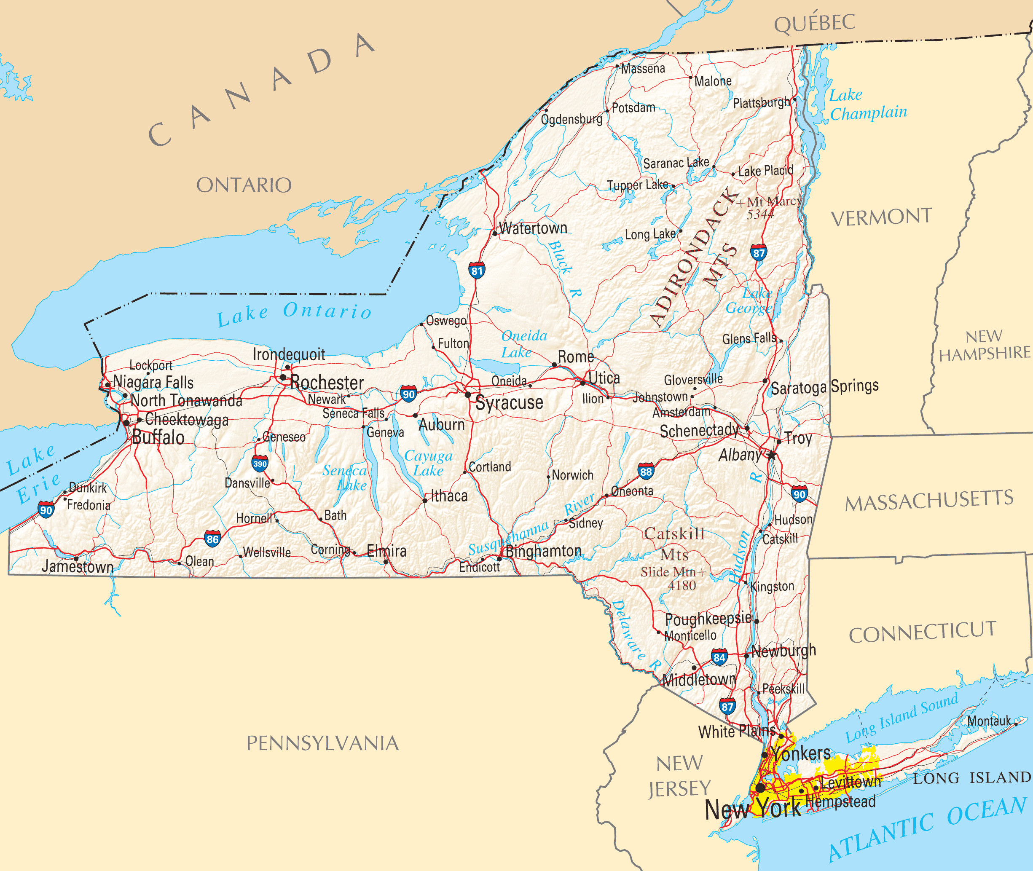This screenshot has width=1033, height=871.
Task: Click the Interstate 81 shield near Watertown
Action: [477, 270]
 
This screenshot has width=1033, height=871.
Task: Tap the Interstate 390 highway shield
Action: [260, 464]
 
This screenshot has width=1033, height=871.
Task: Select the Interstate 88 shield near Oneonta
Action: [645, 472]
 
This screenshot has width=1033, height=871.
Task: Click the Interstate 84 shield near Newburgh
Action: [719, 657]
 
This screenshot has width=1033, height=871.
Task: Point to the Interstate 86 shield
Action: [212, 539]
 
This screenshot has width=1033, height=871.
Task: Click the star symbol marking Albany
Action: [771, 455]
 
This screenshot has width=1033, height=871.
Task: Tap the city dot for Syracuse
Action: [468, 394]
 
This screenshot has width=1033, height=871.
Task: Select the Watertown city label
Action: [533, 228]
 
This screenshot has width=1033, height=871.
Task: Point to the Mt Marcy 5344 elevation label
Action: [768, 207]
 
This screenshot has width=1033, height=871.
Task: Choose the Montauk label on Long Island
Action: [989, 721]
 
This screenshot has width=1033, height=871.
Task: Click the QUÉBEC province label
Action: [814, 23]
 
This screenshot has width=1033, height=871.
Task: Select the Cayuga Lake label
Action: [428, 463]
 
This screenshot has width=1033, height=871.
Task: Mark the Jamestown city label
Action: [78, 566]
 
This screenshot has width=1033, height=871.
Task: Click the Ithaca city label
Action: [449, 496]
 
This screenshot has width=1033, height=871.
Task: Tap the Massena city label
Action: [642, 69]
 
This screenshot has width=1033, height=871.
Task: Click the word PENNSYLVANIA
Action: [322, 743]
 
